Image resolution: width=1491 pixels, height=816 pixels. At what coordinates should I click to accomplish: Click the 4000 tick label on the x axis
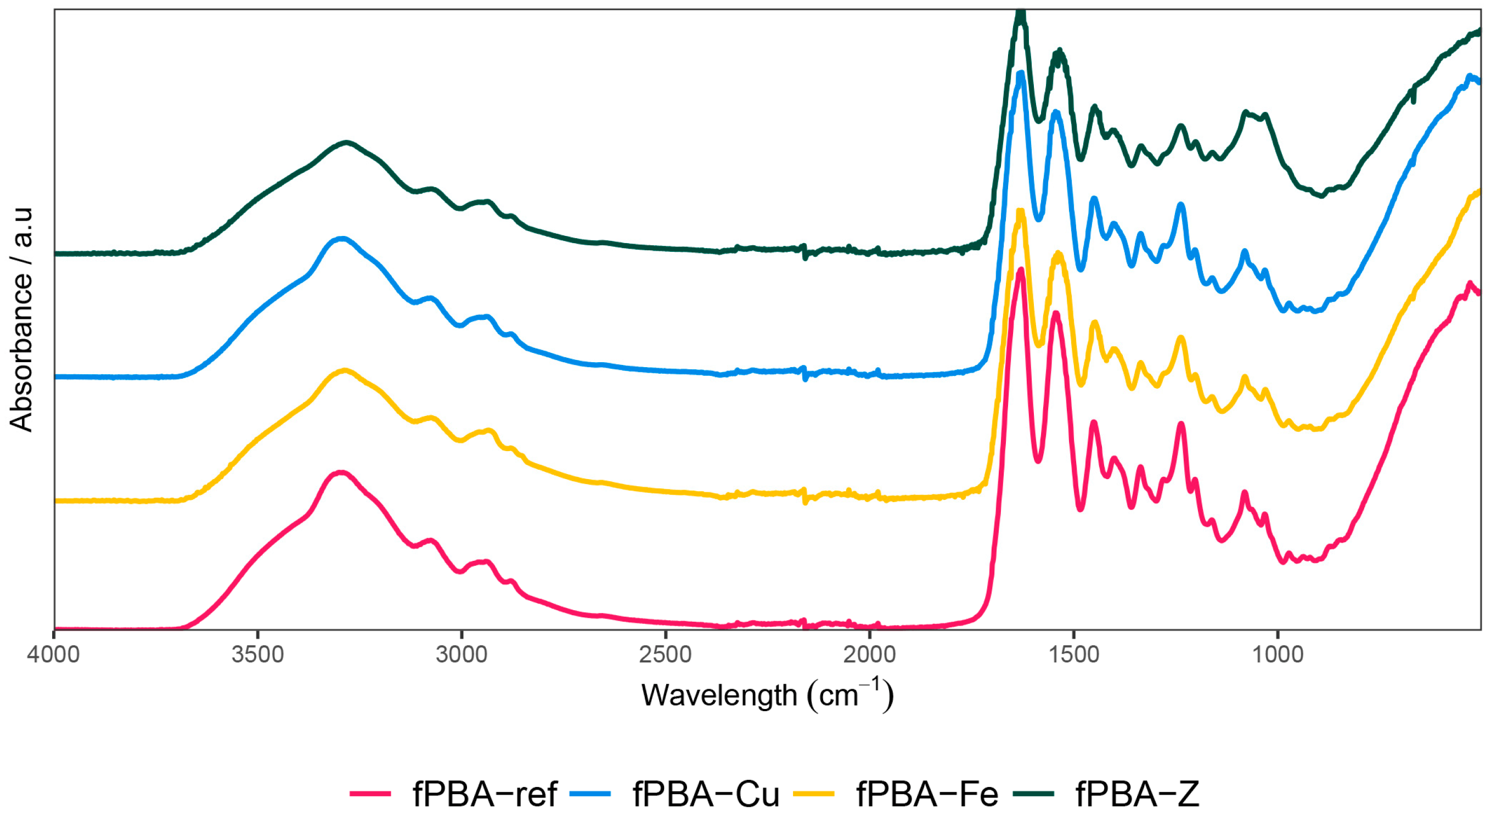click(x=53, y=655)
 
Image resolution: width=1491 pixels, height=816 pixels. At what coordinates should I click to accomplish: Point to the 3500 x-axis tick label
click(x=257, y=655)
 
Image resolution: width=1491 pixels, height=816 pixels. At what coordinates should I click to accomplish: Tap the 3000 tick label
click(x=462, y=655)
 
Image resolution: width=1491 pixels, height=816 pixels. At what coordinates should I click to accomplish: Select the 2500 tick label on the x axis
click(x=666, y=655)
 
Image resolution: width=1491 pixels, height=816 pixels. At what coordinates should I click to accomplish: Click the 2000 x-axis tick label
click(x=869, y=655)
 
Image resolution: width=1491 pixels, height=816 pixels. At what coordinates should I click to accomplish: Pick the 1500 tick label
click(x=1074, y=655)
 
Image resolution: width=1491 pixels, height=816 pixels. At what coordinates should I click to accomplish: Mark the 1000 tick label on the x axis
click(x=1278, y=655)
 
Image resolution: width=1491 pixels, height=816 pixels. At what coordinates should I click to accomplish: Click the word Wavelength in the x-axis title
click(x=719, y=695)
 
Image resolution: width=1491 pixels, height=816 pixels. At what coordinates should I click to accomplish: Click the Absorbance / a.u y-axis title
click(x=21, y=319)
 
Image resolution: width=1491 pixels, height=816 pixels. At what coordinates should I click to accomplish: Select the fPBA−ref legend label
click(x=485, y=794)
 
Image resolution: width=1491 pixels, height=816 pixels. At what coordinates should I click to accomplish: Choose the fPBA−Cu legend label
click(x=706, y=794)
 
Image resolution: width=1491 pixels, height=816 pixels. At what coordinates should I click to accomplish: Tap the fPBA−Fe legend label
click(x=927, y=794)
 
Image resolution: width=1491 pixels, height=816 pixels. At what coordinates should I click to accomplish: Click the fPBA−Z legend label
click(x=1138, y=794)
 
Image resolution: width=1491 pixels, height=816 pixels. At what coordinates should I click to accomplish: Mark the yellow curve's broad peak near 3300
click(x=345, y=370)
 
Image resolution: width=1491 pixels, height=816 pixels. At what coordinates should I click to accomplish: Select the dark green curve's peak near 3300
click(x=346, y=142)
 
